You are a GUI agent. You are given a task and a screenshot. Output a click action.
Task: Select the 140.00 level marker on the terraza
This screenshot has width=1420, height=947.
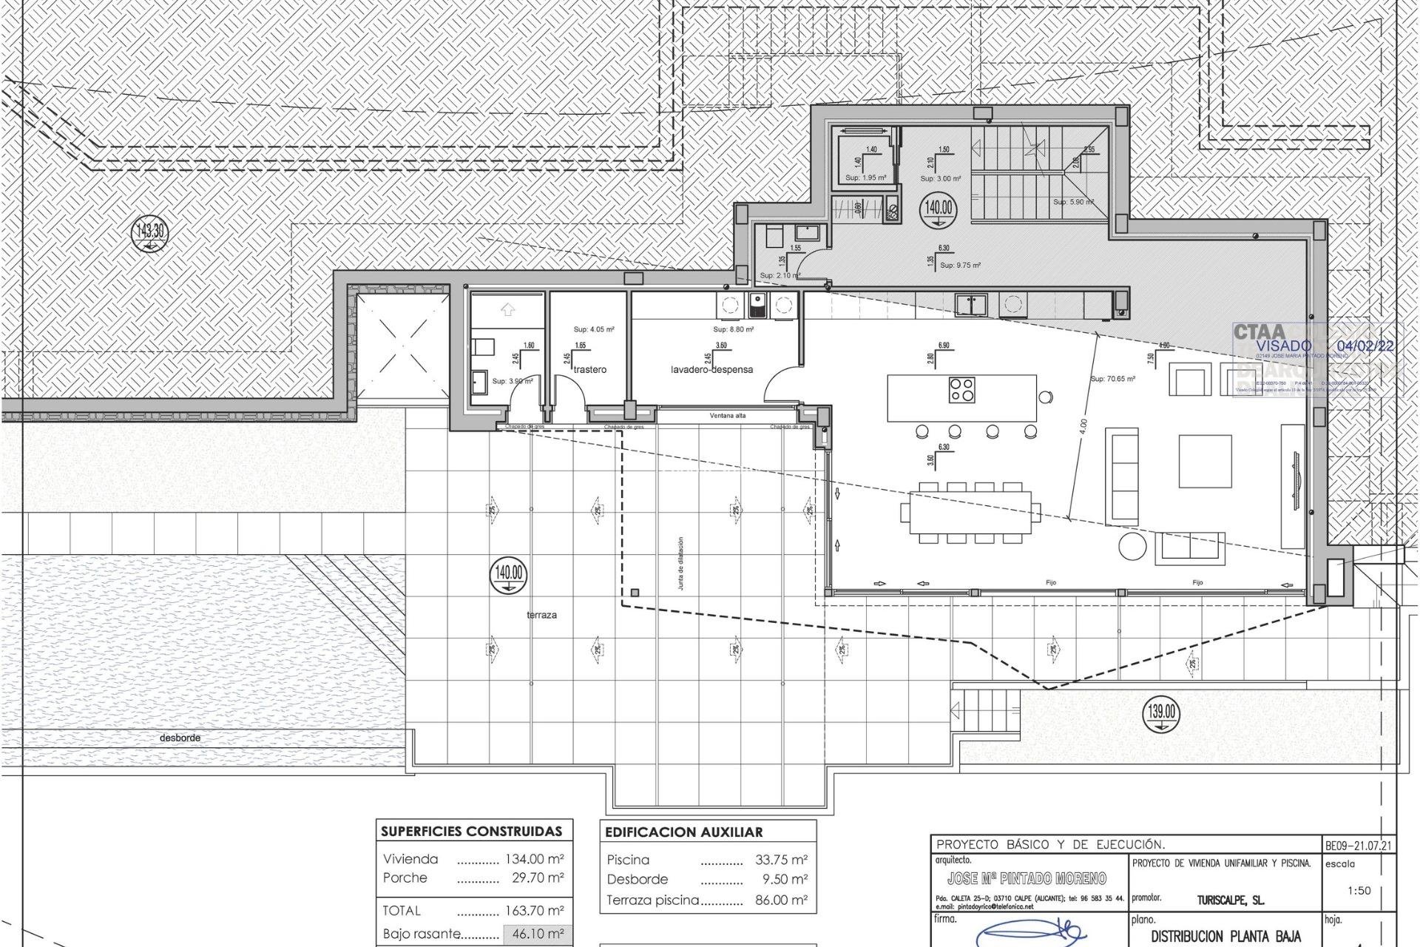tap(509, 574)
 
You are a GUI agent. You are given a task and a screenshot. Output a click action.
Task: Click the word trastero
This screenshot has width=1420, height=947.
tap(589, 369)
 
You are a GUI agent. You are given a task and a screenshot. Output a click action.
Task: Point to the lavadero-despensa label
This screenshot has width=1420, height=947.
tap(711, 369)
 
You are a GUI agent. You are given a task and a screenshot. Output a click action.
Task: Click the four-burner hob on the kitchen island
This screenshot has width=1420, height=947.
tap(962, 389)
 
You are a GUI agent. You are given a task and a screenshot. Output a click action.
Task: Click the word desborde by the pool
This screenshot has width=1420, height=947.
tap(180, 738)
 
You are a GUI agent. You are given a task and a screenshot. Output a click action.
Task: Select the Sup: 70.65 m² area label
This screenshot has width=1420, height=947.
tap(1112, 379)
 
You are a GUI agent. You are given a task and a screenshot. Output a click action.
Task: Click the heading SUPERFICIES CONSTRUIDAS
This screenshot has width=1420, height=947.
tap(471, 832)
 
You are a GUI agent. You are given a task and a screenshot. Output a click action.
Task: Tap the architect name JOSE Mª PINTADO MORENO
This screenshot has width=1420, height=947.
tap(1027, 879)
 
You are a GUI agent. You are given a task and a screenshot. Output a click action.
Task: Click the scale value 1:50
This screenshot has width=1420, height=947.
tap(1359, 891)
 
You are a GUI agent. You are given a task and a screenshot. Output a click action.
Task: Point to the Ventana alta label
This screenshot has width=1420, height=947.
tap(727, 416)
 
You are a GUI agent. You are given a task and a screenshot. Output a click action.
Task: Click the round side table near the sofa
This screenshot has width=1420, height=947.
tap(1131, 547)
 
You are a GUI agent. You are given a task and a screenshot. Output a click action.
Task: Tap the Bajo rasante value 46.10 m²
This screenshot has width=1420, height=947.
tap(538, 934)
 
